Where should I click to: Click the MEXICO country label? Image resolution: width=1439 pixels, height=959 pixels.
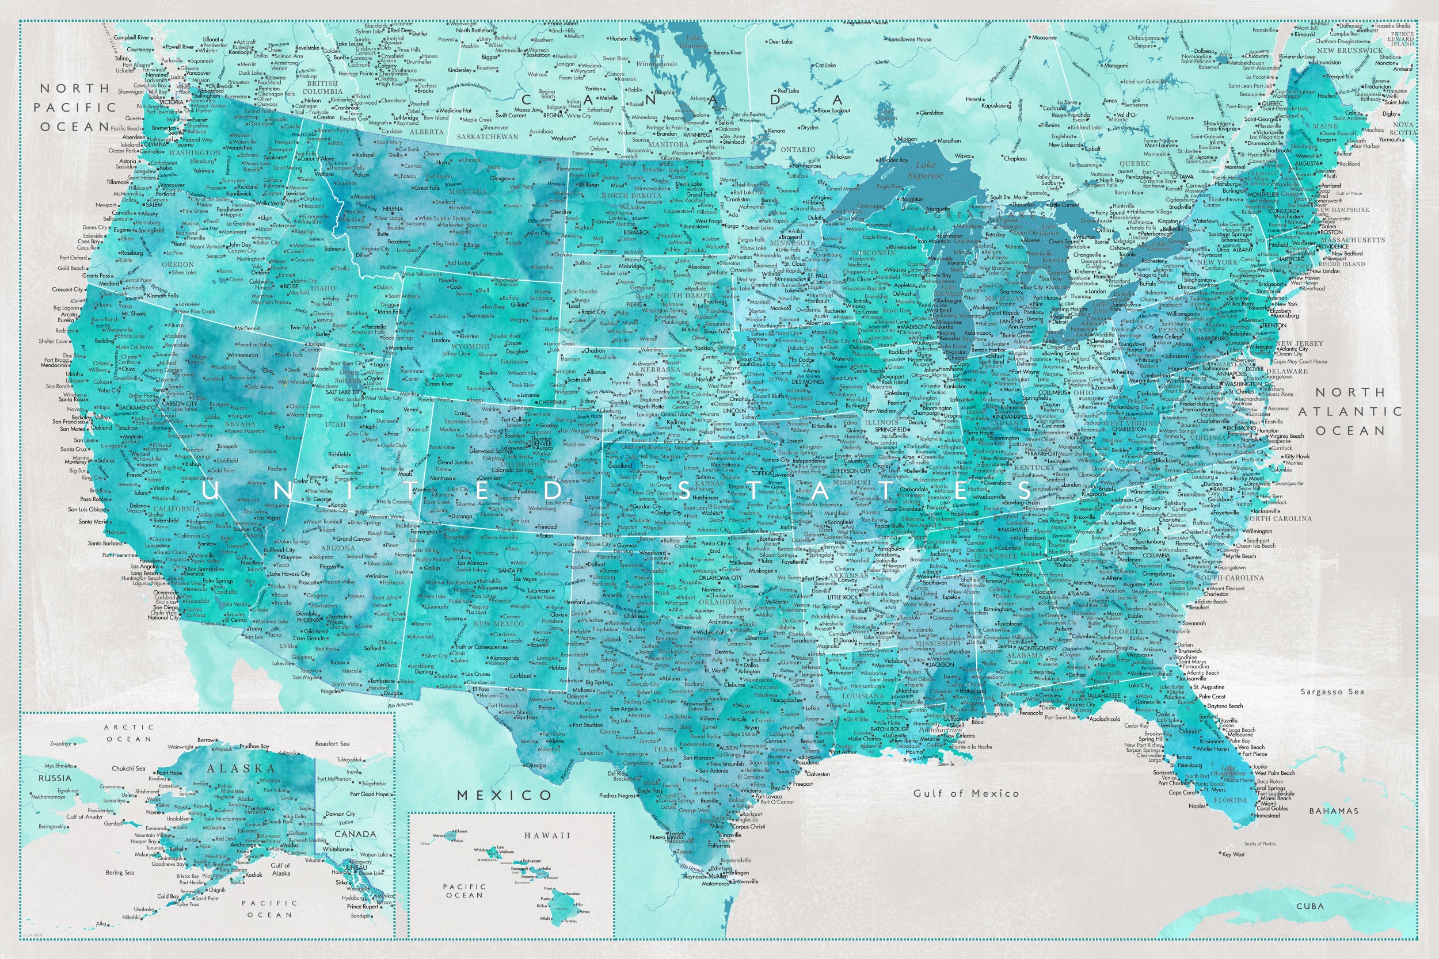click(505, 795)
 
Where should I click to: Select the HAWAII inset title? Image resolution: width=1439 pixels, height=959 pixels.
click(547, 835)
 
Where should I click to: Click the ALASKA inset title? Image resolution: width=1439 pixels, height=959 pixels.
click(241, 769)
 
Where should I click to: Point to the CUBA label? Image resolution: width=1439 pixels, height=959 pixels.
click(1310, 907)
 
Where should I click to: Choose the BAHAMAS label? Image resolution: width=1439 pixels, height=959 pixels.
click(1334, 811)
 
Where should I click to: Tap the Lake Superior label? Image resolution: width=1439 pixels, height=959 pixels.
click(925, 170)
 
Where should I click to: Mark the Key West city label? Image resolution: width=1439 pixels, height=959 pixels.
click(1233, 854)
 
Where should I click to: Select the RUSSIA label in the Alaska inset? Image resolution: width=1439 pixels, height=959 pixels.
click(55, 778)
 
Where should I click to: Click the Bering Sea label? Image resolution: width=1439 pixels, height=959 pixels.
click(120, 873)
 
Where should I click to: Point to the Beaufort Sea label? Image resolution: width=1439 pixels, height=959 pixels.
click(332, 744)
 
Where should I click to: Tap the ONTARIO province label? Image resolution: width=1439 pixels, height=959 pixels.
click(798, 149)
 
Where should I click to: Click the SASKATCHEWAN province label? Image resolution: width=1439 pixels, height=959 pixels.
click(488, 137)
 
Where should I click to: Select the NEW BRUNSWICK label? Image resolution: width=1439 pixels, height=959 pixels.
click(1350, 51)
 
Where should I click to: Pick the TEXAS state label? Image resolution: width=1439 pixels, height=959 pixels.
click(665, 749)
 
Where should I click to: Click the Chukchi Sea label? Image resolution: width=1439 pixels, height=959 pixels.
click(128, 769)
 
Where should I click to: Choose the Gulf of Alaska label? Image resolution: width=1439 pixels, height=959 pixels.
click(281, 869)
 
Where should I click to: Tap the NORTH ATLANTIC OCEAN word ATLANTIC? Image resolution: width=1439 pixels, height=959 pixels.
click(1350, 411)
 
